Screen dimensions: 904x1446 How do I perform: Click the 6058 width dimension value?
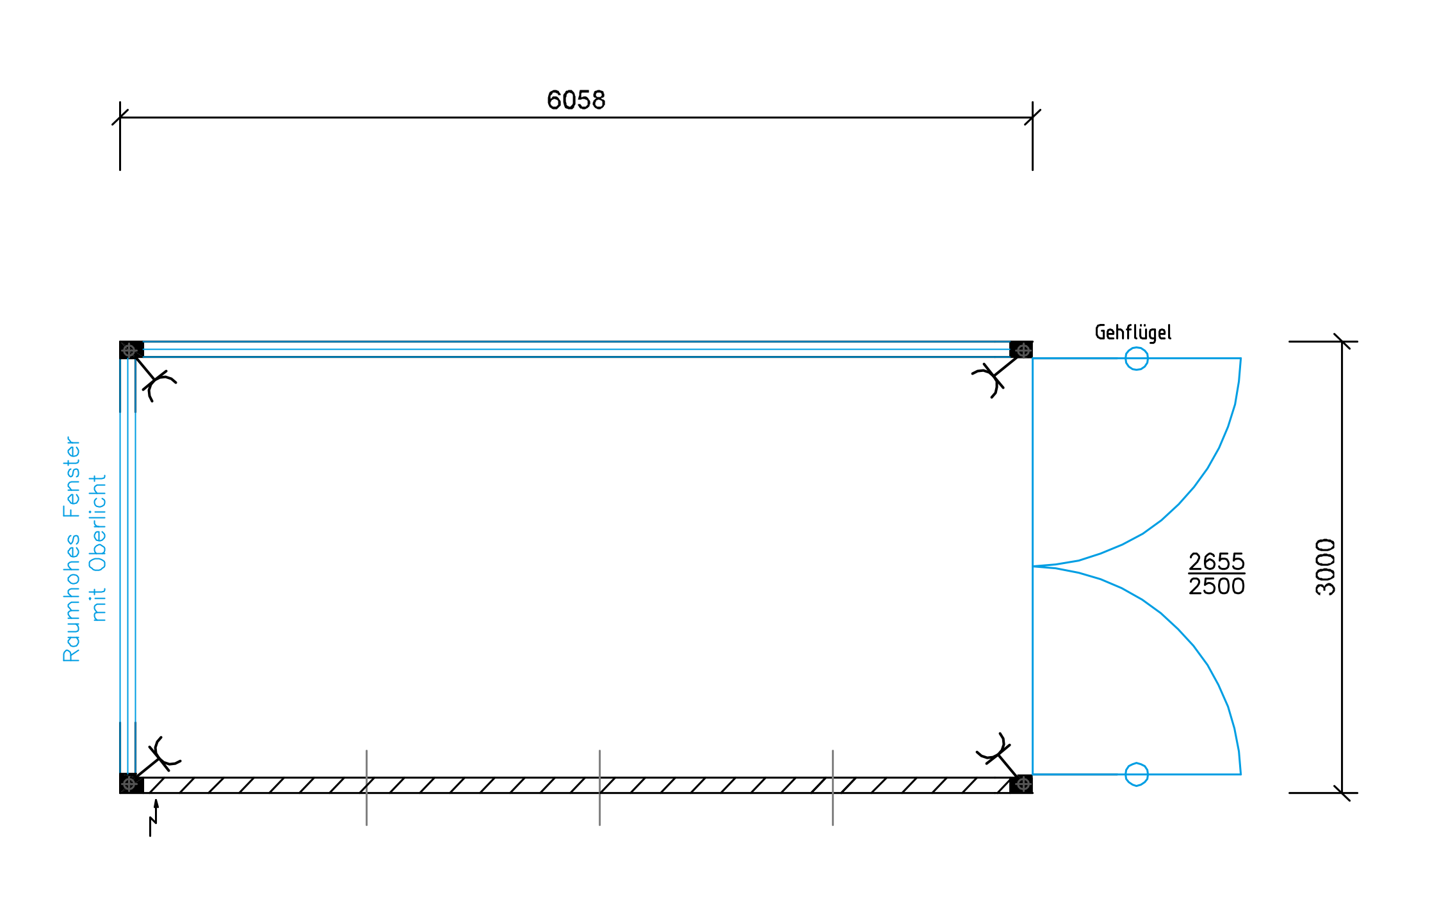(576, 101)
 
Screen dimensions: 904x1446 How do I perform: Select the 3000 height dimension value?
(1326, 567)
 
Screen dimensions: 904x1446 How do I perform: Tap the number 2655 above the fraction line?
(1216, 561)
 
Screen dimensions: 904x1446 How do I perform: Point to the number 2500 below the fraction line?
(1216, 586)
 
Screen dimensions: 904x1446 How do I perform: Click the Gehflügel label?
(1133, 332)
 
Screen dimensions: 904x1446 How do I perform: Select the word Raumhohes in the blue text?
(72, 598)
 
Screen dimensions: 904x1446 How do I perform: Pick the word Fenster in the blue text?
(72, 477)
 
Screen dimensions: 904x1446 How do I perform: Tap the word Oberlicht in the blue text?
(98, 523)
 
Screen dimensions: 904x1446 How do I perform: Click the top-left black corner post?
(130, 350)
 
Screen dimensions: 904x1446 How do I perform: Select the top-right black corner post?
(1021, 350)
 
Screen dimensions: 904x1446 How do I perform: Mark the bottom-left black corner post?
(130, 783)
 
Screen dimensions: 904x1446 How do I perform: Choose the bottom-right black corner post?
(1021, 783)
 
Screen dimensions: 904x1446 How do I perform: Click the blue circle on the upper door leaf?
(1136, 359)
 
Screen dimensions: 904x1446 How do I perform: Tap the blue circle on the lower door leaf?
(1136, 774)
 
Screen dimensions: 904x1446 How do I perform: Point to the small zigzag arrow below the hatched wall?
(154, 818)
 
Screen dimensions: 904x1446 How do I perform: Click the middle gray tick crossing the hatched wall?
(599, 787)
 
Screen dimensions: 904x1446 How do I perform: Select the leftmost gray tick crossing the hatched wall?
(366, 787)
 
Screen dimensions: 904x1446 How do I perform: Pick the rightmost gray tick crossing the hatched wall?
(833, 787)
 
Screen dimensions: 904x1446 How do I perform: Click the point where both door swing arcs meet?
(1034, 566)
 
